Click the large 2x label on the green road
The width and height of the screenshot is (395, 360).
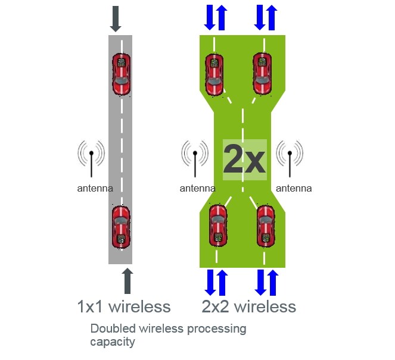(x=244, y=159)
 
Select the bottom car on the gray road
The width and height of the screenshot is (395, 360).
(x=121, y=226)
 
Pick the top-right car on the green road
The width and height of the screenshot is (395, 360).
(x=262, y=74)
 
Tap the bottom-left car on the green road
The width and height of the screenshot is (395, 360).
(x=217, y=226)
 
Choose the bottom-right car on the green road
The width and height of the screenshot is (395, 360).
(x=266, y=226)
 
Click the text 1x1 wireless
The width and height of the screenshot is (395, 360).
(x=124, y=307)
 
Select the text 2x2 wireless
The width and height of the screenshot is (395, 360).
(x=248, y=307)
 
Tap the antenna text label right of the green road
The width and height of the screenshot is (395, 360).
(x=294, y=189)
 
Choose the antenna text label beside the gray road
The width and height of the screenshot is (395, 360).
(x=95, y=189)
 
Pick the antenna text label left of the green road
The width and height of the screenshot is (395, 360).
(x=198, y=189)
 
